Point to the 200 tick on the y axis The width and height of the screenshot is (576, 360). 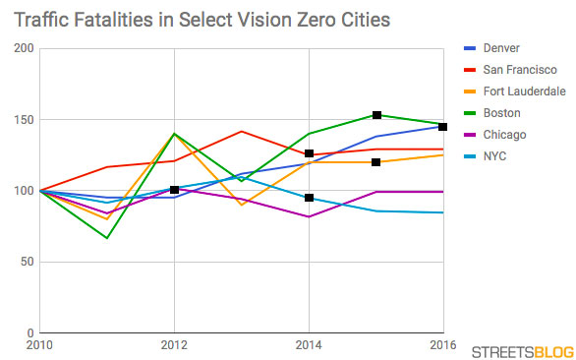pos(22,48)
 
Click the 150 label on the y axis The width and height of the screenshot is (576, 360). pos(22,120)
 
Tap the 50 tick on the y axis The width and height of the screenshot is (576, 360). pos(25,262)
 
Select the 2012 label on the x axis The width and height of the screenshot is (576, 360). pos(174,345)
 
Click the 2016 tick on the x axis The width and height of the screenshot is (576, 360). pos(443,345)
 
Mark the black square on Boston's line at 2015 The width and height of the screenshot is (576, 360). pos(376,115)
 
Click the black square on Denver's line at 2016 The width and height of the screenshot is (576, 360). pos(443,127)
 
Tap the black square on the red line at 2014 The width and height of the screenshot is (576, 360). pos(309,153)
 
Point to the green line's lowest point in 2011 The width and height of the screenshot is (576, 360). pos(107,237)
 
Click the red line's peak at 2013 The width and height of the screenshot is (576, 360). pos(241,131)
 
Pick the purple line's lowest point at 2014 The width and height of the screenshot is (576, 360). pos(309,216)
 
